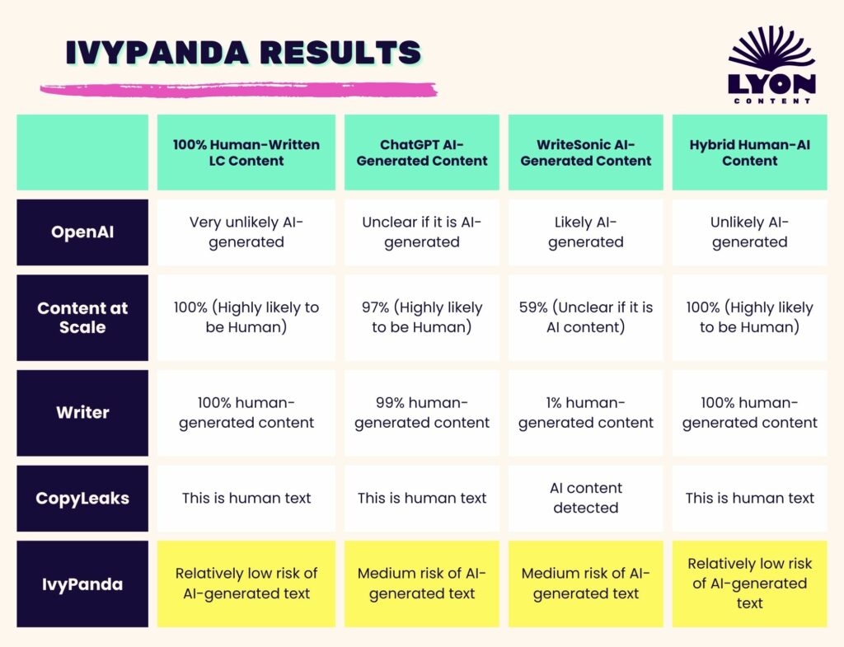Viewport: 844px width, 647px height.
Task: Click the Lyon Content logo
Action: point(771,64)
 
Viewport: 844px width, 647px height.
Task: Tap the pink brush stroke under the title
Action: point(238,89)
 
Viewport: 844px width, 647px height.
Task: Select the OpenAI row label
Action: point(82,232)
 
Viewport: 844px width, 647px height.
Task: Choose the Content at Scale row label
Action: point(82,317)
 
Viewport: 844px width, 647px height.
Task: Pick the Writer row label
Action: point(82,413)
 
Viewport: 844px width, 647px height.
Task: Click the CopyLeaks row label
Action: point(82,499)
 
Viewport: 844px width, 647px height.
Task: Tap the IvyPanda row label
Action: point(82,584)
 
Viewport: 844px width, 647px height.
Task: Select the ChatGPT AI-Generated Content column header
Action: point(422,152)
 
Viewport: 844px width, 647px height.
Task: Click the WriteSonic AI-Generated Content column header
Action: point(586,152)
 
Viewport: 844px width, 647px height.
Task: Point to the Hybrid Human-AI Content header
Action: point(750,152)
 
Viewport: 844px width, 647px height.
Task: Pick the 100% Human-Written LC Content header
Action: point(246,152)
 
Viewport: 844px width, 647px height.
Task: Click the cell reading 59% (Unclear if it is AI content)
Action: point(586,317)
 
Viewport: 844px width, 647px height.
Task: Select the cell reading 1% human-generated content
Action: point(586,413)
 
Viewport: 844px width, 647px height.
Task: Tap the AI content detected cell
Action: point(586,499)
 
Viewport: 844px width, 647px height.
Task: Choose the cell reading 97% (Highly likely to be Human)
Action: point(422,317)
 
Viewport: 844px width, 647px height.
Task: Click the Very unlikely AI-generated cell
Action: point(246,232)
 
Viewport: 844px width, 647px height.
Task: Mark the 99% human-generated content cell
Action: point(422,413)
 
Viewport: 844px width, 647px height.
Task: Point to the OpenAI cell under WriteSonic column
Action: point(586,232)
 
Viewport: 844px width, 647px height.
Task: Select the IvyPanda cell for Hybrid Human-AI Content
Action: point(750,584)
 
